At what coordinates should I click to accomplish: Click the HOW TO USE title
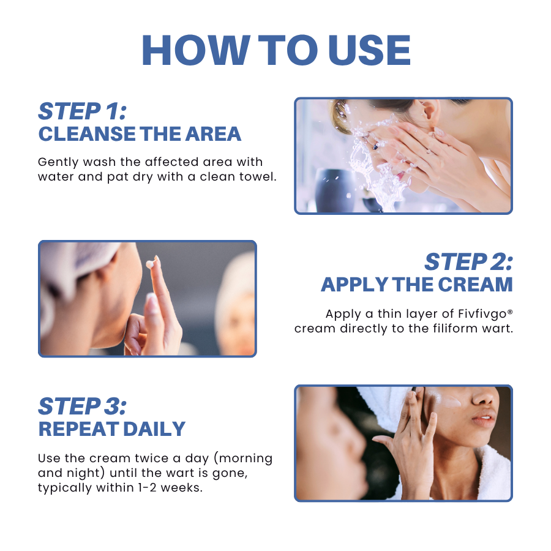pos(275,50)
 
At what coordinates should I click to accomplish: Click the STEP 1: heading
pos(82,111)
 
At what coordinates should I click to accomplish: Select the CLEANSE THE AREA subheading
pos(140,134)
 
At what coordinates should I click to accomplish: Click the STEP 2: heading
pos(468,262)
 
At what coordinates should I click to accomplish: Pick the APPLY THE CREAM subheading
pos(416,285)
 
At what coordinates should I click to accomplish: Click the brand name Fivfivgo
pos(482,314)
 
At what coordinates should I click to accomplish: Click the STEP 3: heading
pos(83,407)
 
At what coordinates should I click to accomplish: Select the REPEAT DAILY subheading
pos(111,429)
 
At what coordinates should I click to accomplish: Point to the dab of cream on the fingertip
pos(149,264)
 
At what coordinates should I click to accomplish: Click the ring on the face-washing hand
pos(375,145)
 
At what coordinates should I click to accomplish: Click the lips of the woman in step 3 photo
pos(484,421)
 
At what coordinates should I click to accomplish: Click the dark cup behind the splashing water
pos(332,184)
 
